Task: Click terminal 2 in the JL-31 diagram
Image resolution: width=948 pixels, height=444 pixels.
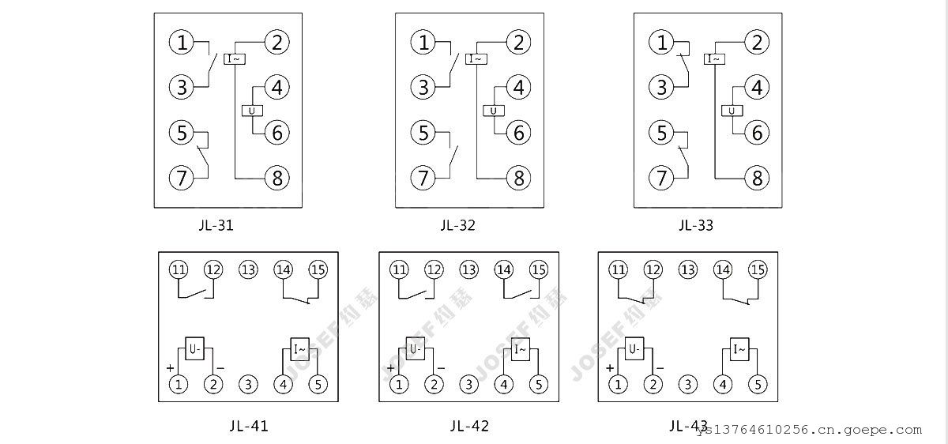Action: (x=276, y=42)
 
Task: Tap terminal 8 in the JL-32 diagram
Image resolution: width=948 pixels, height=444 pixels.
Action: (x=518, y=178)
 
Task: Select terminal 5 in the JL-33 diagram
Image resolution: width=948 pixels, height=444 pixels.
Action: (x=662, y=133)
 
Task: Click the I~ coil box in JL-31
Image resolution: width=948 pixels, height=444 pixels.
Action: (x=235, y=59)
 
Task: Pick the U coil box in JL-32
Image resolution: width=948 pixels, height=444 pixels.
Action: (x=494, y=111)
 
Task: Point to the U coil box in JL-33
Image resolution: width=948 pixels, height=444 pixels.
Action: (x=732, y=111)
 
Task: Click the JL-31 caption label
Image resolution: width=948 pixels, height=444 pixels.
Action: (x=216, y=225)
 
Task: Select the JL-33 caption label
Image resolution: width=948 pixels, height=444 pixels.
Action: (x=695, y=225)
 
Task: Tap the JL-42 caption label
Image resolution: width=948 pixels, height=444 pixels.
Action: (x=469, y=426)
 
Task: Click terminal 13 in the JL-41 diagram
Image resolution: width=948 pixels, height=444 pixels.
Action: (x=248, y=269)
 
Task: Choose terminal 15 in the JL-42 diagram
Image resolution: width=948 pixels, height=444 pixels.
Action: (x=538, y=269)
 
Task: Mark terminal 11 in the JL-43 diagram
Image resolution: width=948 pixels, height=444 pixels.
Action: (x=618, y=269)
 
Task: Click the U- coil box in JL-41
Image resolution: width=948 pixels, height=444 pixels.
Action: (x=195, y=348)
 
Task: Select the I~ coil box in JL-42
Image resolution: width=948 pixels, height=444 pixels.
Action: (x=521, y=348)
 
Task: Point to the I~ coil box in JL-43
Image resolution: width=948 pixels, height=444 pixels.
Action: (x=739, y=348)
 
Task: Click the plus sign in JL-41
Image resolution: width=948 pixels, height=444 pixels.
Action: (x=170, y=368)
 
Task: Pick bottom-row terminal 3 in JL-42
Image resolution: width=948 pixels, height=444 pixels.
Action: (x=469, y=385)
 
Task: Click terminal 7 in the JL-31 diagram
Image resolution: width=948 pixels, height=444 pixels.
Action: (x=182, y=178)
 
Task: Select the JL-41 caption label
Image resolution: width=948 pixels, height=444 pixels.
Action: (x=249, y=426)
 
